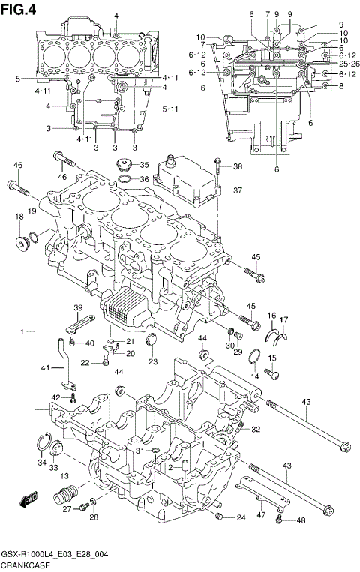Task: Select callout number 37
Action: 237,190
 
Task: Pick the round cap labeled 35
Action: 121,166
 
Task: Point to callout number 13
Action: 64,477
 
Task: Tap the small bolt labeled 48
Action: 280,517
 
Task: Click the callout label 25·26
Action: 339,64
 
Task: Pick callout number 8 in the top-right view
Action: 340,86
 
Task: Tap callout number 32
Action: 255,430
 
